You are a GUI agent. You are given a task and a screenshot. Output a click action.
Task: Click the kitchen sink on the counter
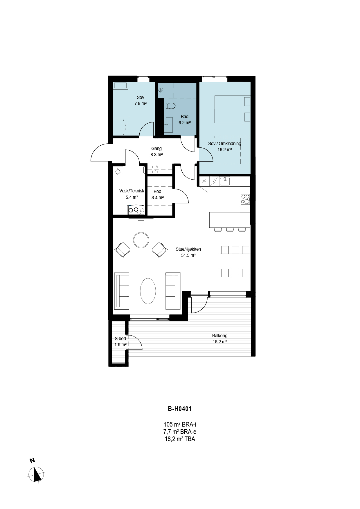coord(225,181)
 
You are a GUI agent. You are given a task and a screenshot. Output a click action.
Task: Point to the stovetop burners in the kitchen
coord(245,199)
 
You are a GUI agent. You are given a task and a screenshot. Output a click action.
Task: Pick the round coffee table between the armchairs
coord(141,240)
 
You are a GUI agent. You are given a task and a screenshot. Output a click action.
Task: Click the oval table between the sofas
coord(148,291)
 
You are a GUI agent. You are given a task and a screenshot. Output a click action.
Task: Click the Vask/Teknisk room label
coord(132,191)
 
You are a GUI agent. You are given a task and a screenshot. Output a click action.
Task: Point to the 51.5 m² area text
coord(188,255)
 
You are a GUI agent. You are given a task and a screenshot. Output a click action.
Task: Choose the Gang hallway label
coord(156,149)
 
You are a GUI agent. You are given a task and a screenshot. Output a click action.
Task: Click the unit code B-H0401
coord(180,409)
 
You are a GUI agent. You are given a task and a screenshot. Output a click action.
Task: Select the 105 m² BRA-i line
coord(180,425)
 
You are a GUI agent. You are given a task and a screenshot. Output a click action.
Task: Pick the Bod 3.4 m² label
coord(157,194)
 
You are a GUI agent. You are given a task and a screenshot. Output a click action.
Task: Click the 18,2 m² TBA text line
coord(180,439)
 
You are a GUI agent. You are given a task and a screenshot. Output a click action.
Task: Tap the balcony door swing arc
coord(203,308)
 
